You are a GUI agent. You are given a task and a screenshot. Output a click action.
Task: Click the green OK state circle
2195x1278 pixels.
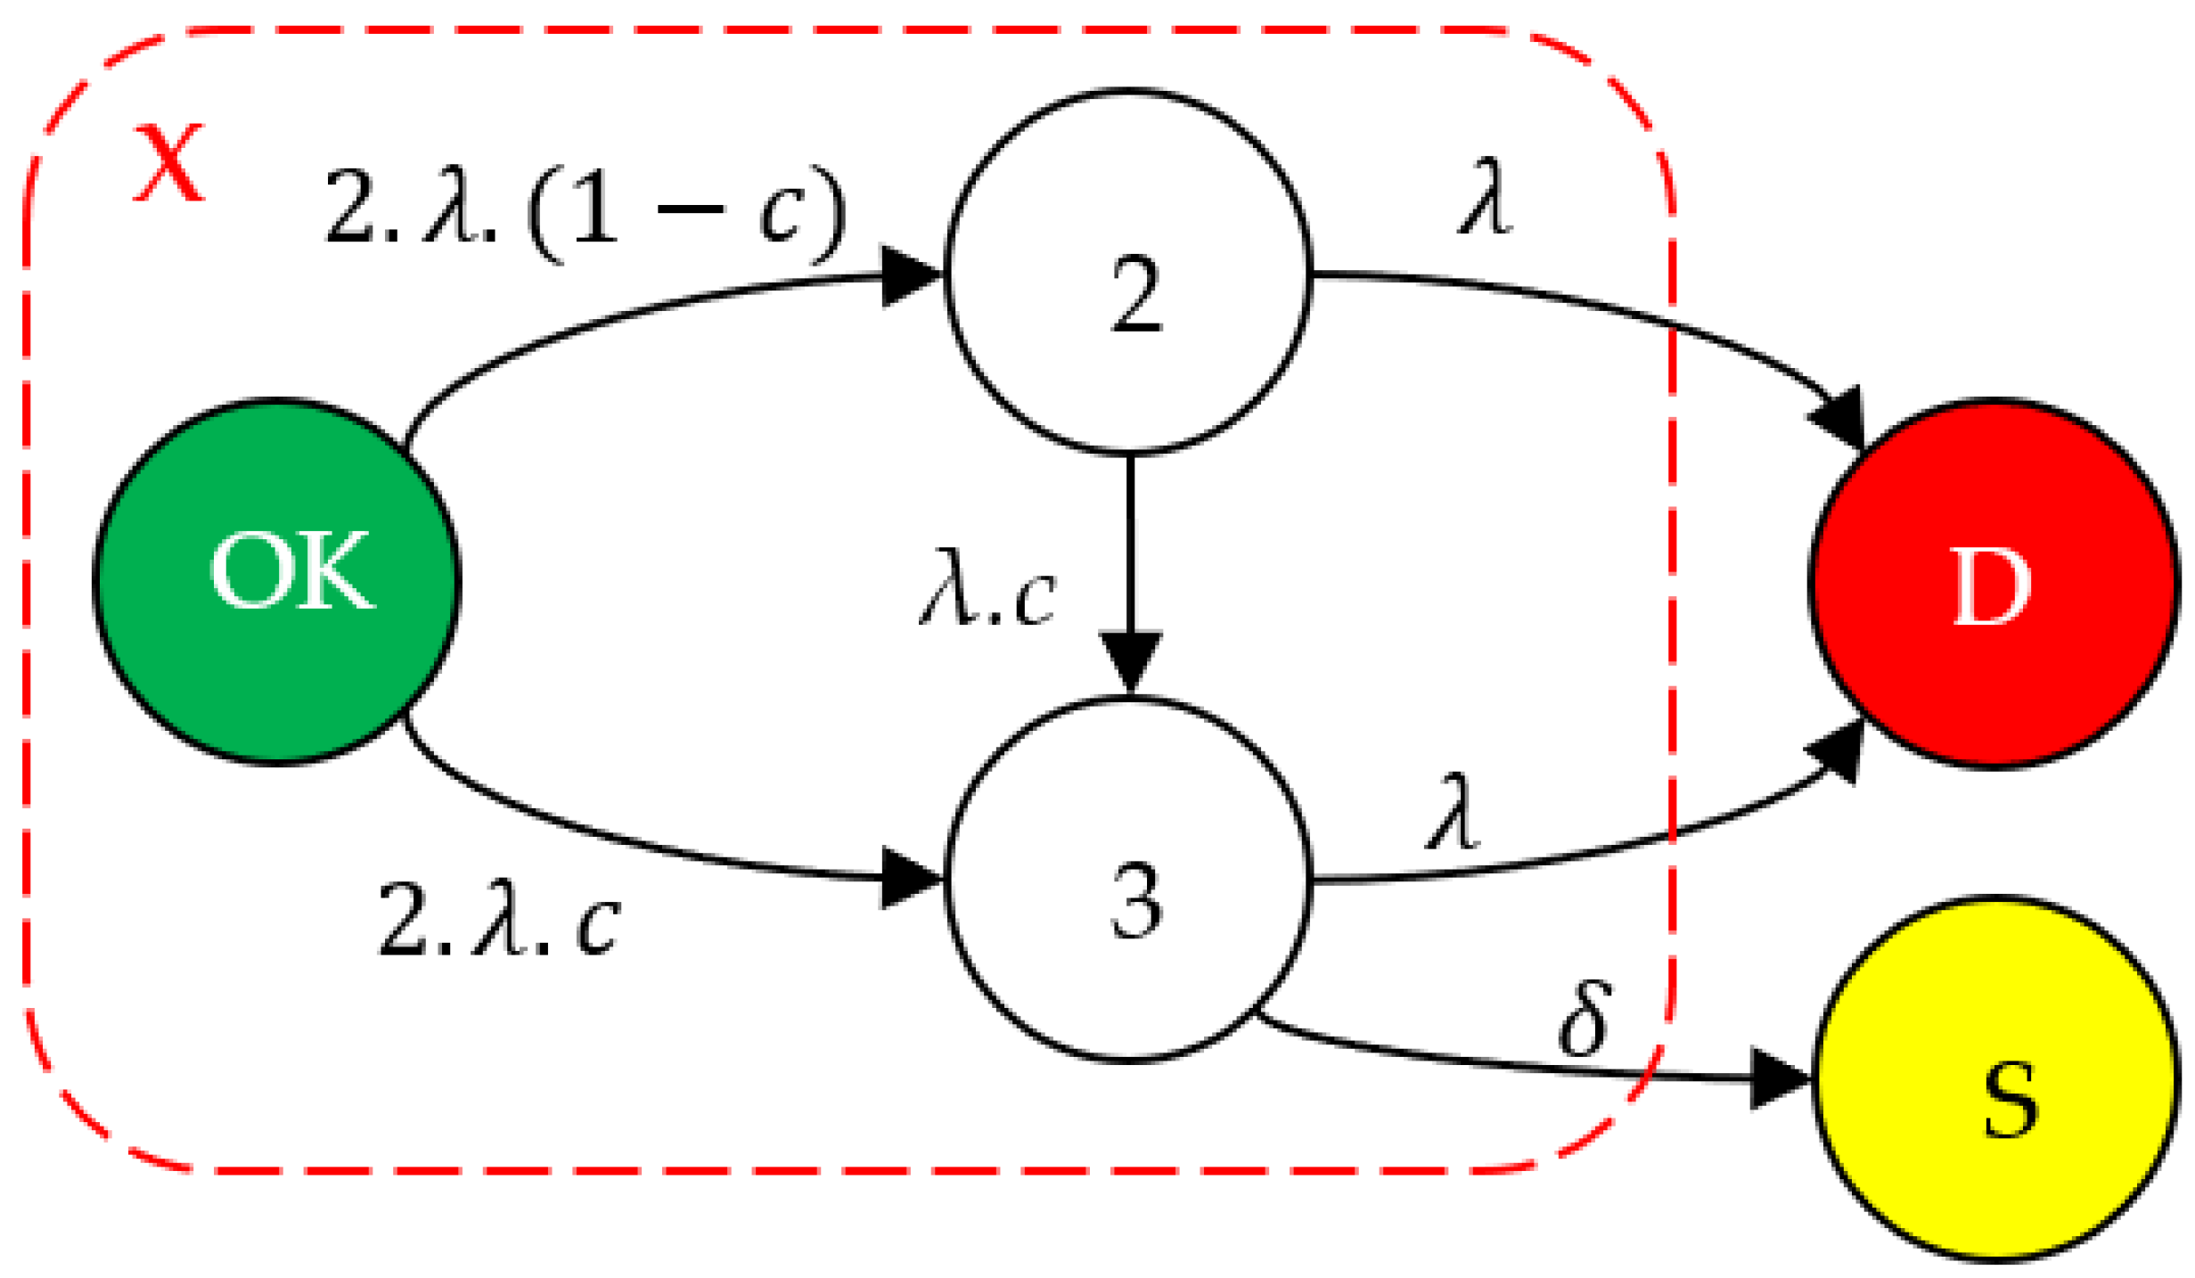click(x=276, y=581)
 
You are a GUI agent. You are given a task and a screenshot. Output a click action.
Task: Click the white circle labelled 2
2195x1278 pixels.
click(x=1128, y=272)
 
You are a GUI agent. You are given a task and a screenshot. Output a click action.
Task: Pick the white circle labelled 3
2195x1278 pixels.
click(x=1128, y=880)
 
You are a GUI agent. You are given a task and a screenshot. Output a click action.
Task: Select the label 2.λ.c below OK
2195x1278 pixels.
click(x=499, y=920)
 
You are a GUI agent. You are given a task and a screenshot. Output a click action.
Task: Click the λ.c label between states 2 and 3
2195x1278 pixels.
click(x=987, y=587)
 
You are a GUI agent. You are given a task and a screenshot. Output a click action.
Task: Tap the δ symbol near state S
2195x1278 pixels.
click(x=1585, y=1018)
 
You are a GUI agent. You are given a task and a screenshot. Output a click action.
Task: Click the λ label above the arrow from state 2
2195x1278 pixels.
click(x=1485, y=196)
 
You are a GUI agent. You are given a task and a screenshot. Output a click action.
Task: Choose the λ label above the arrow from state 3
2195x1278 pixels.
click(x=1453, y=811)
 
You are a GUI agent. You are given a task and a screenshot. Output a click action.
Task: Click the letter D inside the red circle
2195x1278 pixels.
click(x=1991, y=586)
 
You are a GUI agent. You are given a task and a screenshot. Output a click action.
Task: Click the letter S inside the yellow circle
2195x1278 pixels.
click(x=2010, y=1102)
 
